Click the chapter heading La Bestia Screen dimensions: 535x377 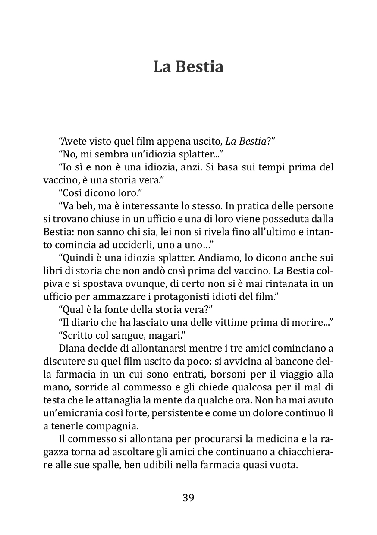click(x=188, y=67)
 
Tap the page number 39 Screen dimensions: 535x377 click(x=188, y=498)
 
